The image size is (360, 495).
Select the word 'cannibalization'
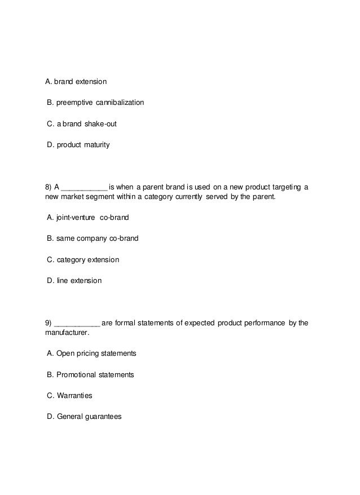click(120, 103)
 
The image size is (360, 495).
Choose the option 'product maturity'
click(78, 145)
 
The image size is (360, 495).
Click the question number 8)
click(49, 187)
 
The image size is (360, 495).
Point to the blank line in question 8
click(84, 188)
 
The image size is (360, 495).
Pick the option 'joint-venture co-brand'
click(88, 218)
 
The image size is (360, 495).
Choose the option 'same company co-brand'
click(93, 238)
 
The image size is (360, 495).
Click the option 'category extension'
click(83, 260)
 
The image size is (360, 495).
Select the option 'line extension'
click(74, 280)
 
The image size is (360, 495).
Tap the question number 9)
click(49, 323)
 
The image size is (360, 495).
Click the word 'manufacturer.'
click(67, 333)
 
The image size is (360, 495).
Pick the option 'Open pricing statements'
click(91, 353)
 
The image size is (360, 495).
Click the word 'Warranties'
click(74, 396)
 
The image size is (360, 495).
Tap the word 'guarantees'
click(103, 417)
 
